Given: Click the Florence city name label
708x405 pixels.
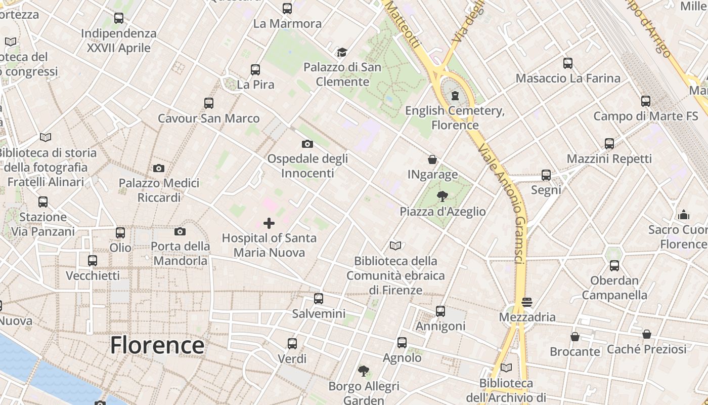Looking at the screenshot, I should pos(157,345).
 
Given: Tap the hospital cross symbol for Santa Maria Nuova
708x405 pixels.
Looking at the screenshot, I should pos(269,223).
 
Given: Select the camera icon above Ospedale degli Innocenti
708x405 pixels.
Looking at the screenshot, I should pos(307,144).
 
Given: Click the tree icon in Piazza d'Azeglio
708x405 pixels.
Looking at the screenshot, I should pos(442,196).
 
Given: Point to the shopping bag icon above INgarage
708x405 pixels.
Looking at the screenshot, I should pos(432,159).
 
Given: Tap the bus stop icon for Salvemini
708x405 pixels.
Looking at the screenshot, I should pos(318,299).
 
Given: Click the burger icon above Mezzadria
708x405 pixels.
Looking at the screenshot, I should pos(527,302).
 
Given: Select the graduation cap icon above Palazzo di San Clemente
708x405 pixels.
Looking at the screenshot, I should pos(342,52).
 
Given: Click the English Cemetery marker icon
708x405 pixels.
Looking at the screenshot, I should pos(455,96).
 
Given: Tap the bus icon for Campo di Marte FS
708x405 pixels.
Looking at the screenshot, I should pos(645,101).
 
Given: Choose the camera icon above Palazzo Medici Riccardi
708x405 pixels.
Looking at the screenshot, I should pos(159,168).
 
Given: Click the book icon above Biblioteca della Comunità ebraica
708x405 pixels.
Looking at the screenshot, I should pos(395,246).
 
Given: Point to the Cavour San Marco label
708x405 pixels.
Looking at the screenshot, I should pos(208,118).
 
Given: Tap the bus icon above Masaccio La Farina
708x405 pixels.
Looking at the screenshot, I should pos(568,63).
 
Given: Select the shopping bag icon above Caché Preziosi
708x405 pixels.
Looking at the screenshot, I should pos(646,334).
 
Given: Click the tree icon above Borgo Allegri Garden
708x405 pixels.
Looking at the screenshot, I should pos(363,371).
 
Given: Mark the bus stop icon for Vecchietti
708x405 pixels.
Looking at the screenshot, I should pos(93,261).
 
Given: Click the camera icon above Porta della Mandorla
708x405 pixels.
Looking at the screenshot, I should pos(180,232).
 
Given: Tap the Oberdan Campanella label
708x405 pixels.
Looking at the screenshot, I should pos(614,288).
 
